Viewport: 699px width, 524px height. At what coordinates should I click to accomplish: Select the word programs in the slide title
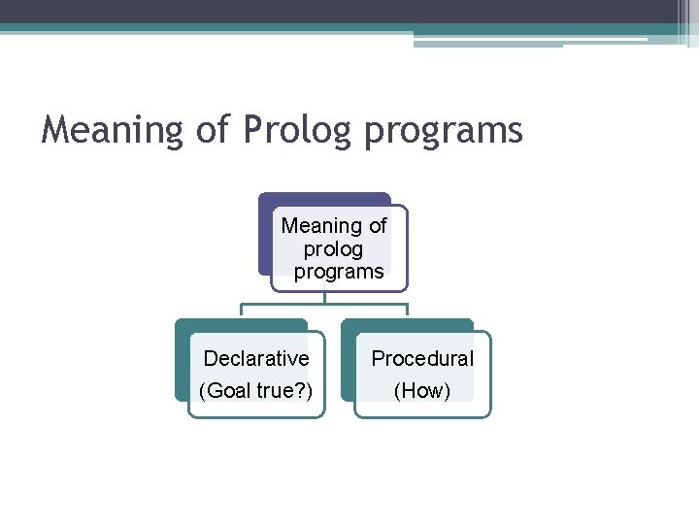444,131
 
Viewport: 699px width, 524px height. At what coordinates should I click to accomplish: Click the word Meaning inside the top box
320,226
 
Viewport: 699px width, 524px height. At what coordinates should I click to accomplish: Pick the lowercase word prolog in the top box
333,249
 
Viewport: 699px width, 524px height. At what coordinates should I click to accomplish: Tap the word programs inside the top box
339,273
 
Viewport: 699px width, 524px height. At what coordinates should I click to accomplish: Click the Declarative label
256,359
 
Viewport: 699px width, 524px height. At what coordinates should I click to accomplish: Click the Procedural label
422,359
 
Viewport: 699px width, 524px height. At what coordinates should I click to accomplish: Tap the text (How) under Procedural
422,392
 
